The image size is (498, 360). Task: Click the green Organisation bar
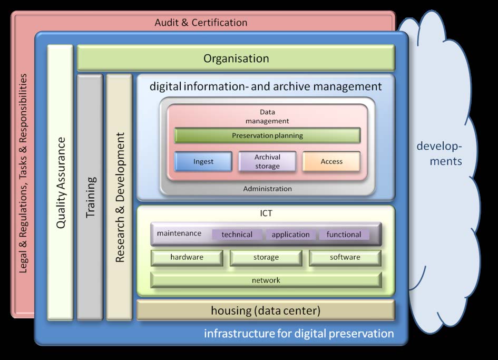(236, 58)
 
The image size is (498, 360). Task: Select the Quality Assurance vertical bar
(61, 182)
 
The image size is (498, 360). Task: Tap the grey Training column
(90, 197)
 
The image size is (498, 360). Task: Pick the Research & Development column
(120, 197)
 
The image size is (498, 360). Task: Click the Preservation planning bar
(267, 135)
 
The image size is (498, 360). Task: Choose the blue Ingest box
(203, 161)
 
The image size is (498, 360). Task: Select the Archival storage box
(267, 161)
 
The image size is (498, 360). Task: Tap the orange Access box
(331, 161)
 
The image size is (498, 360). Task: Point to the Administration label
(267, 189)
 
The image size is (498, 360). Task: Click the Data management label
(267, 116)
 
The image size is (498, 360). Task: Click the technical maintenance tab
(237, 235)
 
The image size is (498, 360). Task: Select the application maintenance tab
(290, 235)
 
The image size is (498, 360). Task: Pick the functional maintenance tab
(344, 235)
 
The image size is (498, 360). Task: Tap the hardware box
(187, 257)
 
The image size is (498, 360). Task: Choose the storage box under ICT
(266, 257)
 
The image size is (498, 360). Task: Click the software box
(345, 257)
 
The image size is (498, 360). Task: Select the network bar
(266, 280)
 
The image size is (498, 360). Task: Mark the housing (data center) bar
(266, 310)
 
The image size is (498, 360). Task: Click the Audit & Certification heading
(201, 23)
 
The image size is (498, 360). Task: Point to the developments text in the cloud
(440, 154)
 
